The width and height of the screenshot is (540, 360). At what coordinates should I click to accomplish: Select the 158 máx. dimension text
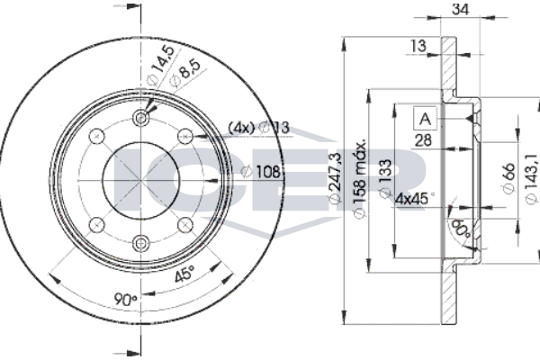tap(360, 178)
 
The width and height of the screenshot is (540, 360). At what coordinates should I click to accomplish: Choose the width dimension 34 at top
tap(461, 11)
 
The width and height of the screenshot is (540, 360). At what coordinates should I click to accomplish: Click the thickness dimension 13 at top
tap(418, 46)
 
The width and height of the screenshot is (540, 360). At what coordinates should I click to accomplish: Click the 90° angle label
tap(127, 297)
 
